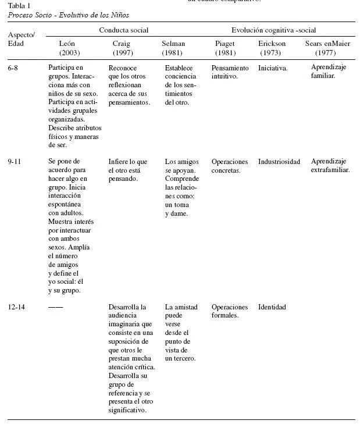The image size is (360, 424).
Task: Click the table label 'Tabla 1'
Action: pos(20,6)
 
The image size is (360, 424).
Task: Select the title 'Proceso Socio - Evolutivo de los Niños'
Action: pos(69,15)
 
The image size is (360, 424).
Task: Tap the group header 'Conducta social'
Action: pos(123,30)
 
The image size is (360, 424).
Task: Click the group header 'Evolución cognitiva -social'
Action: pos(274,30)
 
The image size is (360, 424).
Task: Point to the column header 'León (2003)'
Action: pos(67,48)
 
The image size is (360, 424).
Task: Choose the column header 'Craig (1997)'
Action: pos(121,48)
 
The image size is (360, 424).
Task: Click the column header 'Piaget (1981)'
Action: pos(225,48)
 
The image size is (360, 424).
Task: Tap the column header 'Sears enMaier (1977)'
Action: pos(330,48)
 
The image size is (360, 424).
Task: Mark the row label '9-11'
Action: pos(15,162)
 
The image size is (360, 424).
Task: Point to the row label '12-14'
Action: pos(17,307)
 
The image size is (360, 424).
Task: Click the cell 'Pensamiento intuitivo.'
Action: pos(230,72)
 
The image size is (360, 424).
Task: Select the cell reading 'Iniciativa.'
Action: pos(273,68)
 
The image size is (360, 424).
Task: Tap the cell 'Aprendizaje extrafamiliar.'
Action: pos(330,166)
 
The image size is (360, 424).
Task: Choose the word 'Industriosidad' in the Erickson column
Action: pos(279,162)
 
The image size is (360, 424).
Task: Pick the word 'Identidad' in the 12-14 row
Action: pos(272,307)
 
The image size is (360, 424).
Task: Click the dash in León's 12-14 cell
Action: pos(55,307)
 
